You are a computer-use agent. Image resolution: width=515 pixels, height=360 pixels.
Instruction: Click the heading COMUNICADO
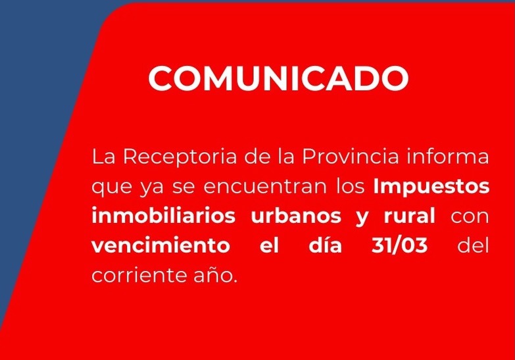278,78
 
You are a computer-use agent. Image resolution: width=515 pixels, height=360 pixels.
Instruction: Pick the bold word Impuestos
431,187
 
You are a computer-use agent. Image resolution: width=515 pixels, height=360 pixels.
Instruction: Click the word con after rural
470,216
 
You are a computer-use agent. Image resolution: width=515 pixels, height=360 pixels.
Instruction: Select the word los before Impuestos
349,186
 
